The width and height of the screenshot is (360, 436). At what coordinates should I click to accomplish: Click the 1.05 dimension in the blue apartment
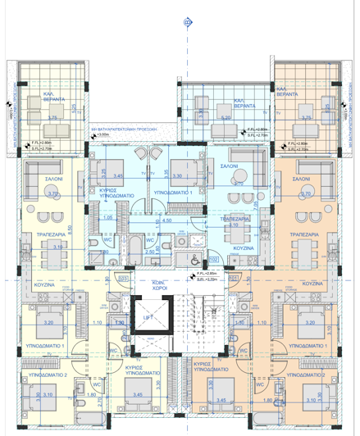[x=109, y=218]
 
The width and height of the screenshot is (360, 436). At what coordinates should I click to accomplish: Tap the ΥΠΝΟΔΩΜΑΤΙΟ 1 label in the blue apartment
[x=173, y=191]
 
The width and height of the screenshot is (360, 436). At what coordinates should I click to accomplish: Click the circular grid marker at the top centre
[x=187, y=22]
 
